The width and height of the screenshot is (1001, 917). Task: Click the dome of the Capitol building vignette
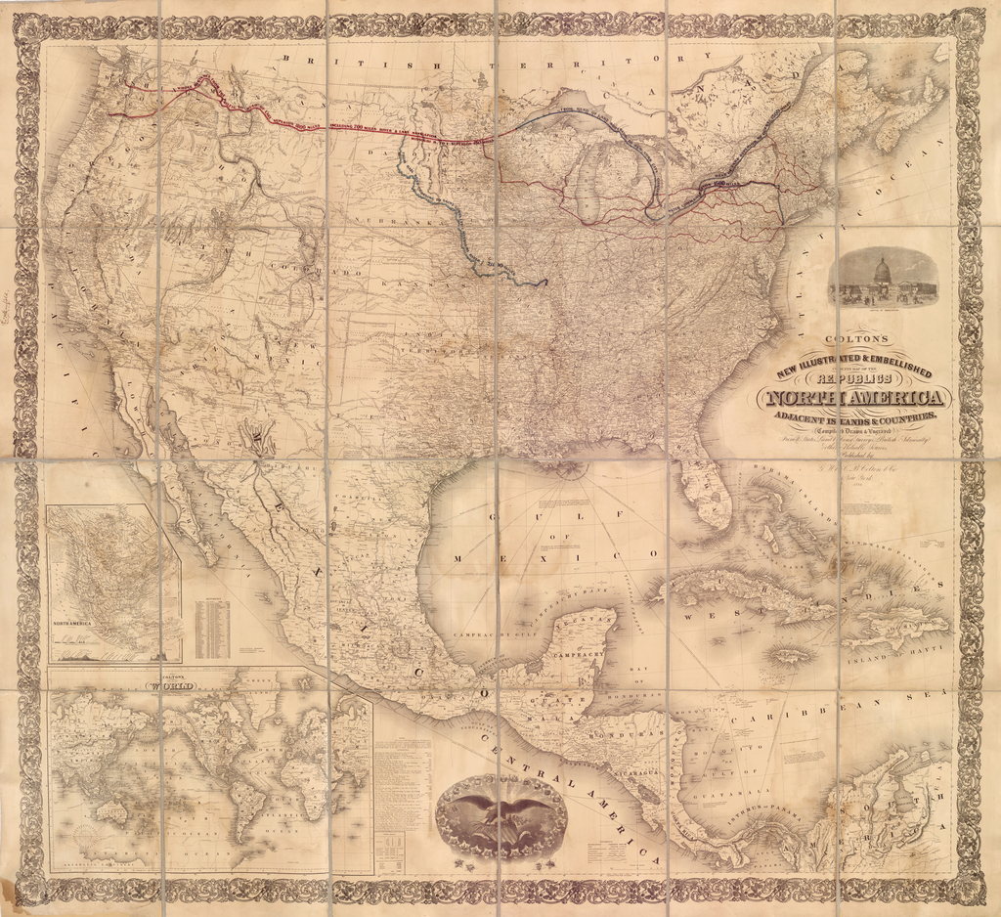pyautogui.click(x=882, y=268)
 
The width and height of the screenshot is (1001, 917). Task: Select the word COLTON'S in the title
pyautogui.click(x=855, y=338)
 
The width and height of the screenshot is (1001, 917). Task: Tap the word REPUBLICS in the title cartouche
pyautogui.click(x=853, y=376)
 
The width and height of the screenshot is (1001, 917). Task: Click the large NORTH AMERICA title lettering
pyautogui.click(x=855, y=398)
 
